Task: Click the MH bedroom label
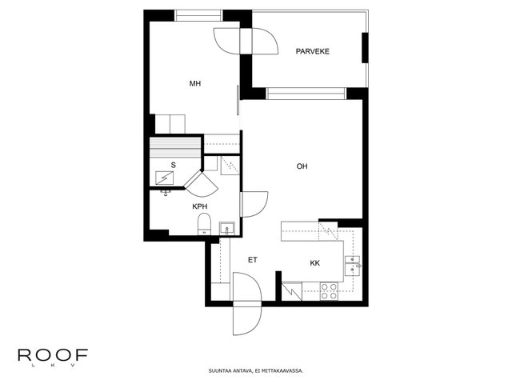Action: coord(195,83)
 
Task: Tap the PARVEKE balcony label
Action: coord(313,51)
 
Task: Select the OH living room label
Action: coord(302,166)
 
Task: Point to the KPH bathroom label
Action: coord(199,206)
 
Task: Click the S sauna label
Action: coord(173,166)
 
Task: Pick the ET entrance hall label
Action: coord(253,260)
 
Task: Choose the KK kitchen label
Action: coord(314,263)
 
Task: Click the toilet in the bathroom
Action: coord(205,224)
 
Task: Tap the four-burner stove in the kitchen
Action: coord(329,291)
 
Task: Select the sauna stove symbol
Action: coord(165,178)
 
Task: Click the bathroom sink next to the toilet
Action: coord(227,228)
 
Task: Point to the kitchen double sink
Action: coord(353,266)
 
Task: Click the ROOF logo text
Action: coord(53,355)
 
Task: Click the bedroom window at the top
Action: coord(198,16)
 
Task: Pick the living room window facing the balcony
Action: coord(306,94)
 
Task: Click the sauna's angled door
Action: coord(202,183)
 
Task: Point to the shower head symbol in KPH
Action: coord(166,193)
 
